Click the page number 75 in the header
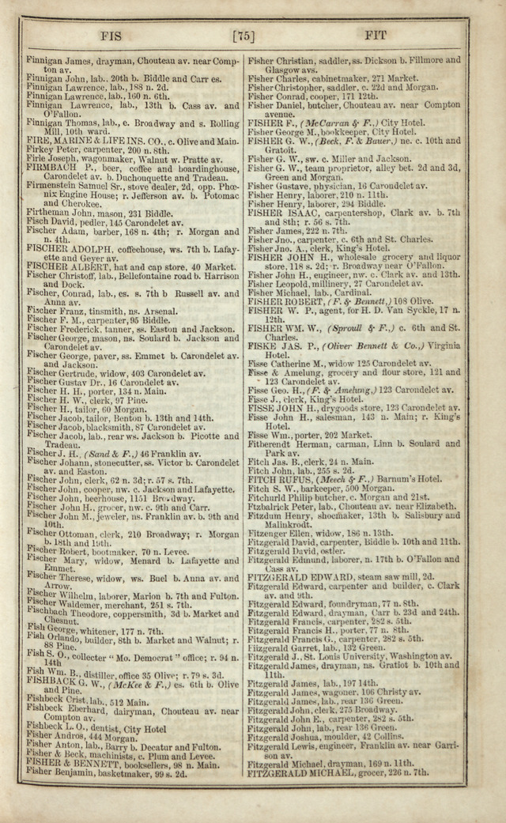tap(243, 36)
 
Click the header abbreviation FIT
tap(373, 36)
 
